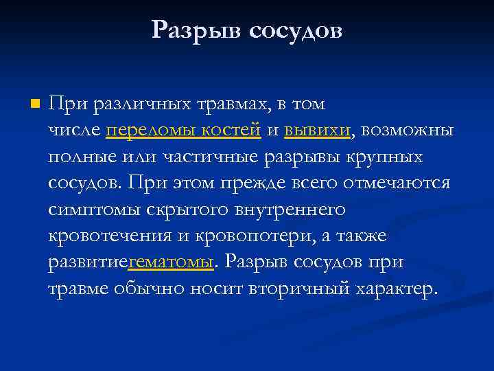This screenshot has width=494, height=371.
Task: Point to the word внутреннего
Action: (292, 210)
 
